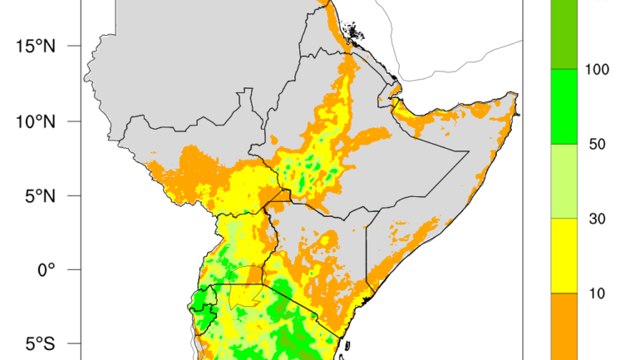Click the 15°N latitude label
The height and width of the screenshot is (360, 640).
click(x=34, y=46)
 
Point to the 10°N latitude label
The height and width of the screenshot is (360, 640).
click(x=34, y=121)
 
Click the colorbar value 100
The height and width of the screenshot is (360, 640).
click(x=598, y=69)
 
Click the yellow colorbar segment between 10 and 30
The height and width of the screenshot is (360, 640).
click(x=566, y=256)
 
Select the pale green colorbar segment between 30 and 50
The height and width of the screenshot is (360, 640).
click(x=566, y=181)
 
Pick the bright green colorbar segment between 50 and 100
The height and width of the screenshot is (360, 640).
click(x=566, y=106)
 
